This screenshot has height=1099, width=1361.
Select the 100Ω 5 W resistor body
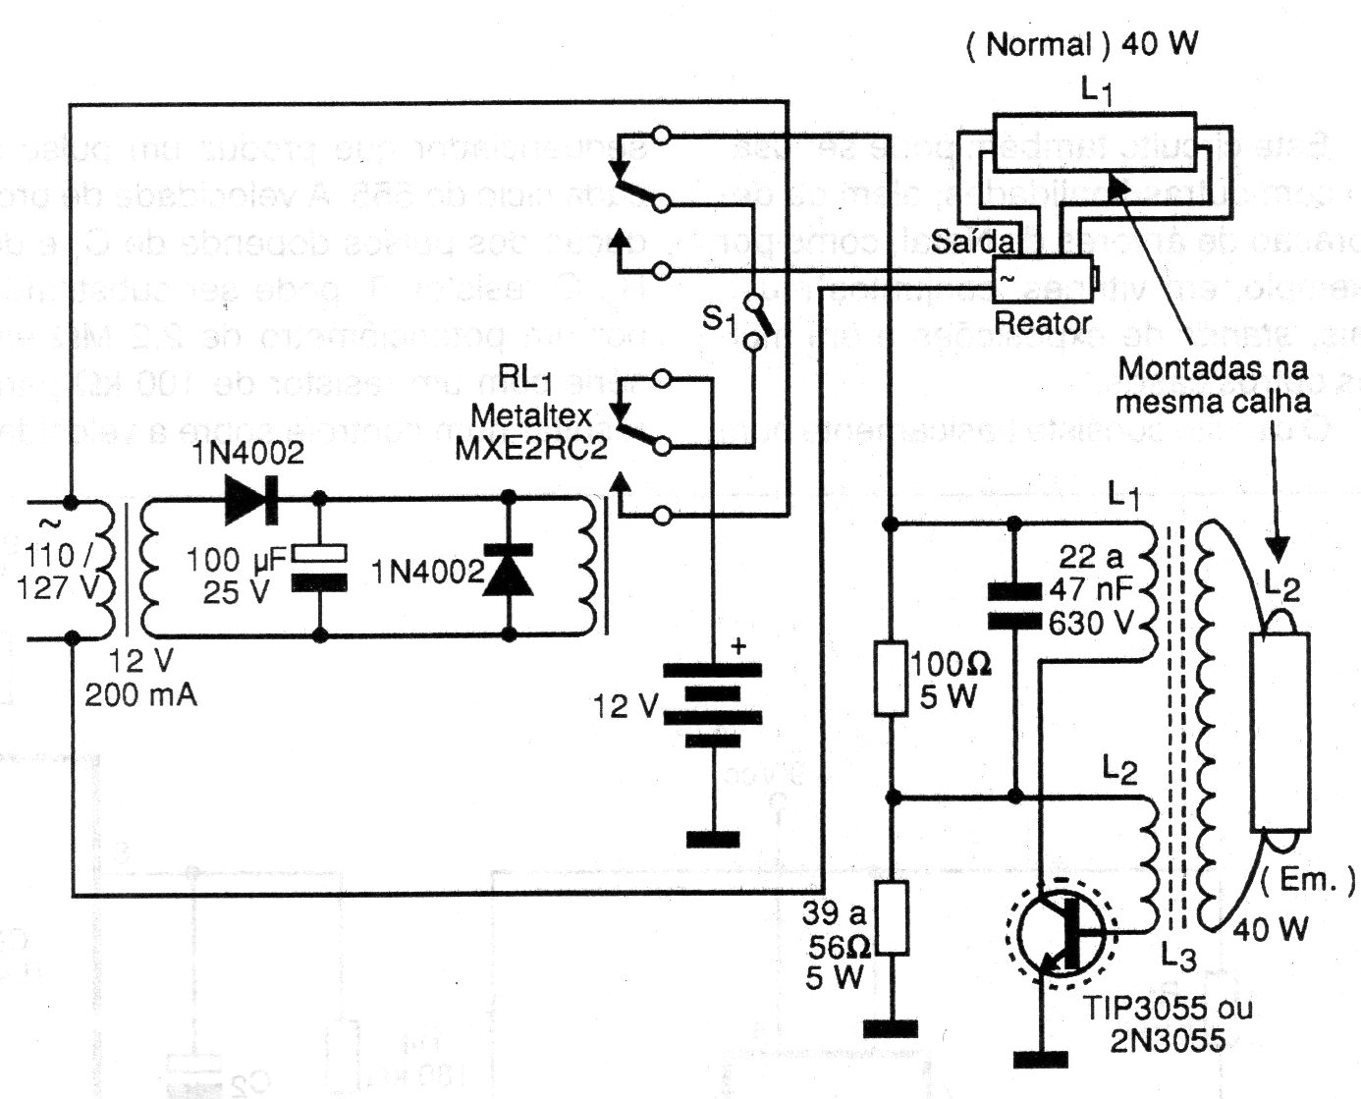pos(890,678)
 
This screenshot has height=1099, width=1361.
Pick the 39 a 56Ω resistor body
pos(891,917)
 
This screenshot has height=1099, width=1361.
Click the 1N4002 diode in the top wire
pos(251,499)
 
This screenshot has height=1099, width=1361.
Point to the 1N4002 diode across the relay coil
pos(509,571)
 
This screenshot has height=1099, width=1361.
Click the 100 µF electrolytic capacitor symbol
pos(321,568)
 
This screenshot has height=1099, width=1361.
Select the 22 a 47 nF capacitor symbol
pos(1013,606)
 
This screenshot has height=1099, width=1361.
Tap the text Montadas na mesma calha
pos(1214,385)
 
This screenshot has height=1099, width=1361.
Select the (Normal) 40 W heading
pos(1082,44)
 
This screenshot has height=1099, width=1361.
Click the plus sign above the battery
pos(738,645)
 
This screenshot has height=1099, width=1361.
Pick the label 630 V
pos(1091,623)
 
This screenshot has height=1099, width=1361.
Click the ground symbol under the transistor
pos(1041,1059)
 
